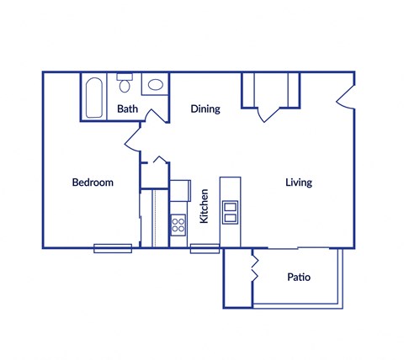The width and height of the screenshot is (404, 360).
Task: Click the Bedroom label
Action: (x=92, y=183)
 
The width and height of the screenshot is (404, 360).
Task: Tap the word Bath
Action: (x=127, y=109)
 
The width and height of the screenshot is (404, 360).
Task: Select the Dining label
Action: (x=205, y=109)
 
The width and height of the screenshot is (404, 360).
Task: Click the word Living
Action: (x=299, y=183)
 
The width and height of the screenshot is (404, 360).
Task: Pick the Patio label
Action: (x=299, y=277)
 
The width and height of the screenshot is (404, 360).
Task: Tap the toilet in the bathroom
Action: (x=125, y=85)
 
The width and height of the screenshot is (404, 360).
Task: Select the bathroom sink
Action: (x=153, y=85)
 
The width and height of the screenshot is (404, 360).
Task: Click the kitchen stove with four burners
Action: (x=178, y=224)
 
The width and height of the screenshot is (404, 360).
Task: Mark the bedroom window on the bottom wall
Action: (x=112, y=248)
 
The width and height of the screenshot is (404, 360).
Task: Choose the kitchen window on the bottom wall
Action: (x=205, y=248)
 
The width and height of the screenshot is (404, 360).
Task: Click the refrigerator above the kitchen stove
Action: (x=180, y=193)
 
